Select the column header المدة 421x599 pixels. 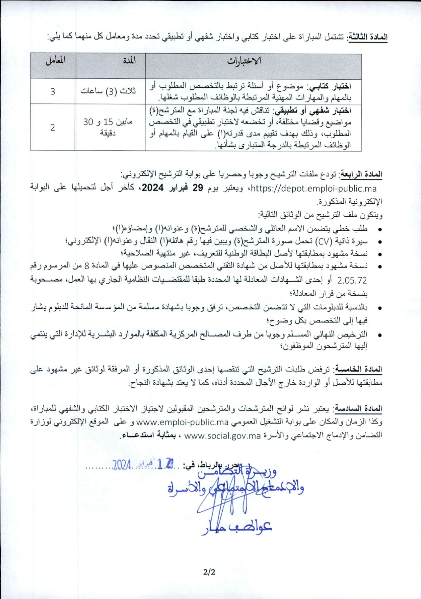129,61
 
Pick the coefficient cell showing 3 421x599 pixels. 53,91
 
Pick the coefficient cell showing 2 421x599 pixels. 53,127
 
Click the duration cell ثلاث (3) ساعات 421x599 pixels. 108,91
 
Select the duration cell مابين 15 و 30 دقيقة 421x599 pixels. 108,127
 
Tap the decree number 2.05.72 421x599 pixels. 352,280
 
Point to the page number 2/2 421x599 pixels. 209,572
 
